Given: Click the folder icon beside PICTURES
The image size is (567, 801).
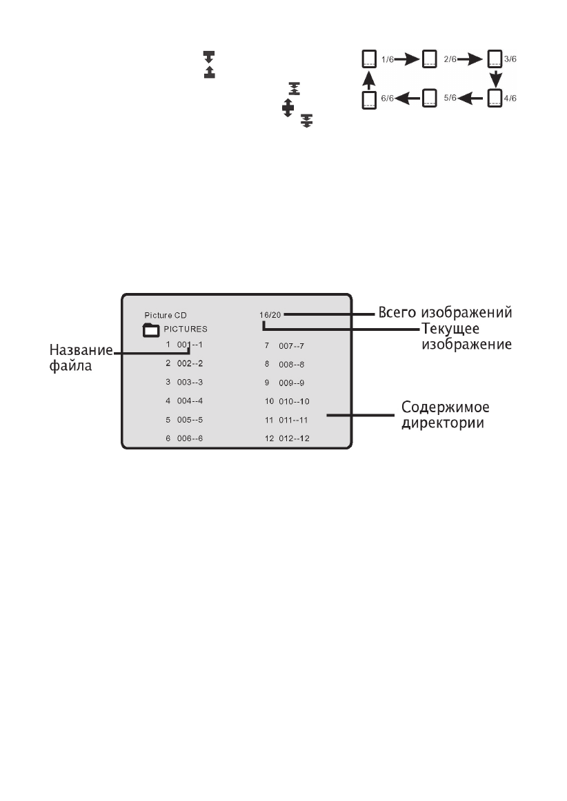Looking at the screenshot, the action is tap(151, 329).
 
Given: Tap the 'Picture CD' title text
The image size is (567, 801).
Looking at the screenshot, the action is tap(165, 315).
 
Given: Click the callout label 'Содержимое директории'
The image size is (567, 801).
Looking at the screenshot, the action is tap(442, 415).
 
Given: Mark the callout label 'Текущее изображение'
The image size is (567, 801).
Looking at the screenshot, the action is tap(466, 334).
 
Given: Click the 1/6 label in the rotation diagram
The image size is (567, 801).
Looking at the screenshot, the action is tap(388, 60).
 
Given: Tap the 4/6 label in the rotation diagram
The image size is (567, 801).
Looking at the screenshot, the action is tap(510, 99).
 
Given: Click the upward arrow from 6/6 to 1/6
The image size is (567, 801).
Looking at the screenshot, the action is tap(369, 79).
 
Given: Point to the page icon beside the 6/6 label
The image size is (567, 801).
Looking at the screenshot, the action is tap(369, 99).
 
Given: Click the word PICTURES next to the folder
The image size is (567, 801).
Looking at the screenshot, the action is tap(186, 329).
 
